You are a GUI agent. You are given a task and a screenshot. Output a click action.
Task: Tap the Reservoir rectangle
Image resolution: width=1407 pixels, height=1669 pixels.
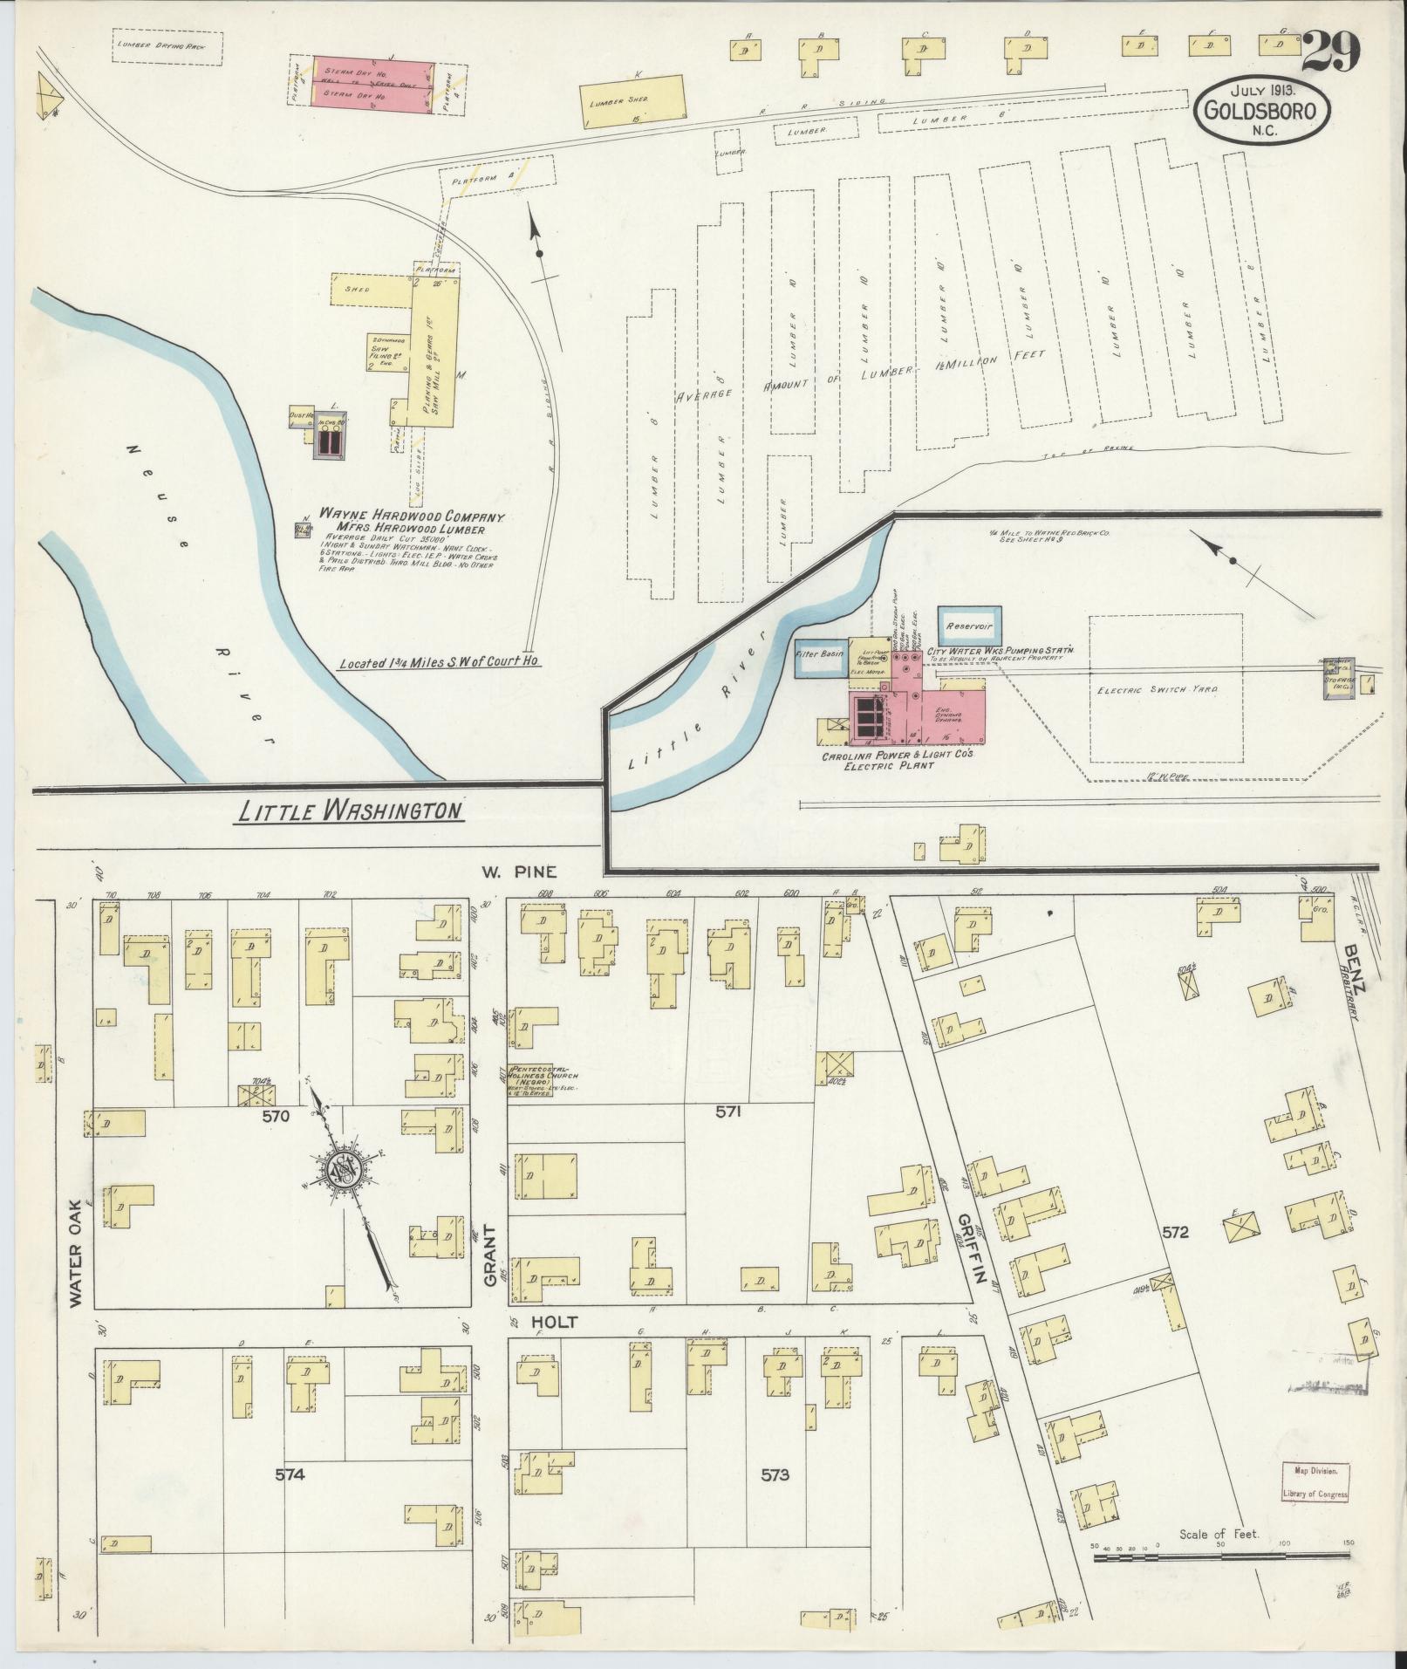970,626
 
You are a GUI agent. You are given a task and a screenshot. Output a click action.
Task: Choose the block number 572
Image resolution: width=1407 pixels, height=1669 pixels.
1175,1233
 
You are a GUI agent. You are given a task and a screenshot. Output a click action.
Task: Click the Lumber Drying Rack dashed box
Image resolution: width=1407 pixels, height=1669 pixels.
167,47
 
